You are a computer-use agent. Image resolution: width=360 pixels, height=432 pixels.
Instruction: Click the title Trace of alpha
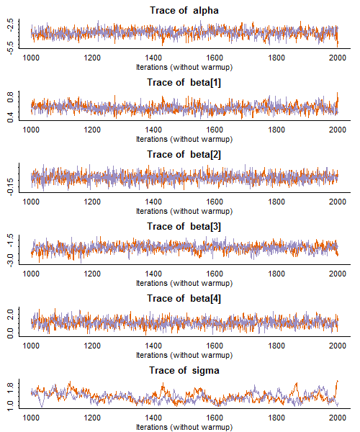(x=184, y=11)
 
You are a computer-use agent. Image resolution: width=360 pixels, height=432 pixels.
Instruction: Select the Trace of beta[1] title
(x=184, y=82)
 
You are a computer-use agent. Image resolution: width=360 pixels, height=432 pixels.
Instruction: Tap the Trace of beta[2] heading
(x=184, y=154)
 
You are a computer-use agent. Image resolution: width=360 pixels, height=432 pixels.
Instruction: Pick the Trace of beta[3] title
(x=184, y=227)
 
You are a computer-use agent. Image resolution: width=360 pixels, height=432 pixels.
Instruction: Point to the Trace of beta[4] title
(x=184, y=298)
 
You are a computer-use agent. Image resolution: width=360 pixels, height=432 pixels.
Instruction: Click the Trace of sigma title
(x=184, y=371)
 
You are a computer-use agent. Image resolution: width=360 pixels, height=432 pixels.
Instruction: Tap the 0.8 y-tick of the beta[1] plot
(x=10, y=97)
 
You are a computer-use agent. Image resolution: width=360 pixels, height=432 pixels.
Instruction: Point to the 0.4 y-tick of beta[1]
(x=10, y=117)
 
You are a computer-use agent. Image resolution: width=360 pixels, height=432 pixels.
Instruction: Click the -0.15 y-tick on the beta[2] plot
(x=10, y=187)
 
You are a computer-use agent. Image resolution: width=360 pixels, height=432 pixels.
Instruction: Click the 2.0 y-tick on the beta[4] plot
(x=10, y=315)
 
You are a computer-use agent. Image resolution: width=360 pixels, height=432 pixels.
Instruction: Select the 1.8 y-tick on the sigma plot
(x=10, y=387)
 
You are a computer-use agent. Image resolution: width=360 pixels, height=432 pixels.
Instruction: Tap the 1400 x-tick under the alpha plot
(x=153, y=58)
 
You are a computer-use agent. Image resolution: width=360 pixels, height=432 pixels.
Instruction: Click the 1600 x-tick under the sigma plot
(x=215, y=418)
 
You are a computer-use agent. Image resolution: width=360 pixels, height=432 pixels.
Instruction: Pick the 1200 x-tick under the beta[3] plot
(x=92, y=274)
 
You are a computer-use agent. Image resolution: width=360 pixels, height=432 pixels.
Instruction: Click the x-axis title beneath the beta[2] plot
(x=184, y=211)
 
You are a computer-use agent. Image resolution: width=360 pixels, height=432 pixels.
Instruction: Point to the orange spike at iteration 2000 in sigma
(x=337, y=382)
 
